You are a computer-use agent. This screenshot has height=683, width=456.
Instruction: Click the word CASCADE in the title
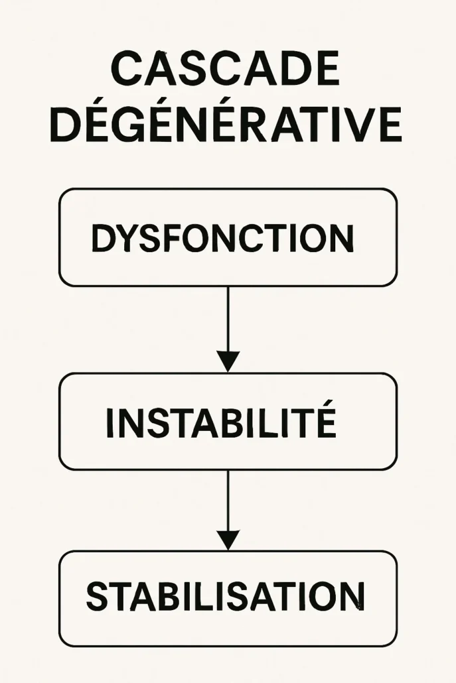point(226,68)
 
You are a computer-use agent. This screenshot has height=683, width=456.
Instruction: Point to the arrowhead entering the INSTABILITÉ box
point(228,361)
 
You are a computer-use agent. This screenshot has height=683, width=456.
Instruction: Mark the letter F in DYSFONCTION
point(172,238)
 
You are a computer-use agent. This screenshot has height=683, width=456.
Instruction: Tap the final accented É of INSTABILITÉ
point(325,418)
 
